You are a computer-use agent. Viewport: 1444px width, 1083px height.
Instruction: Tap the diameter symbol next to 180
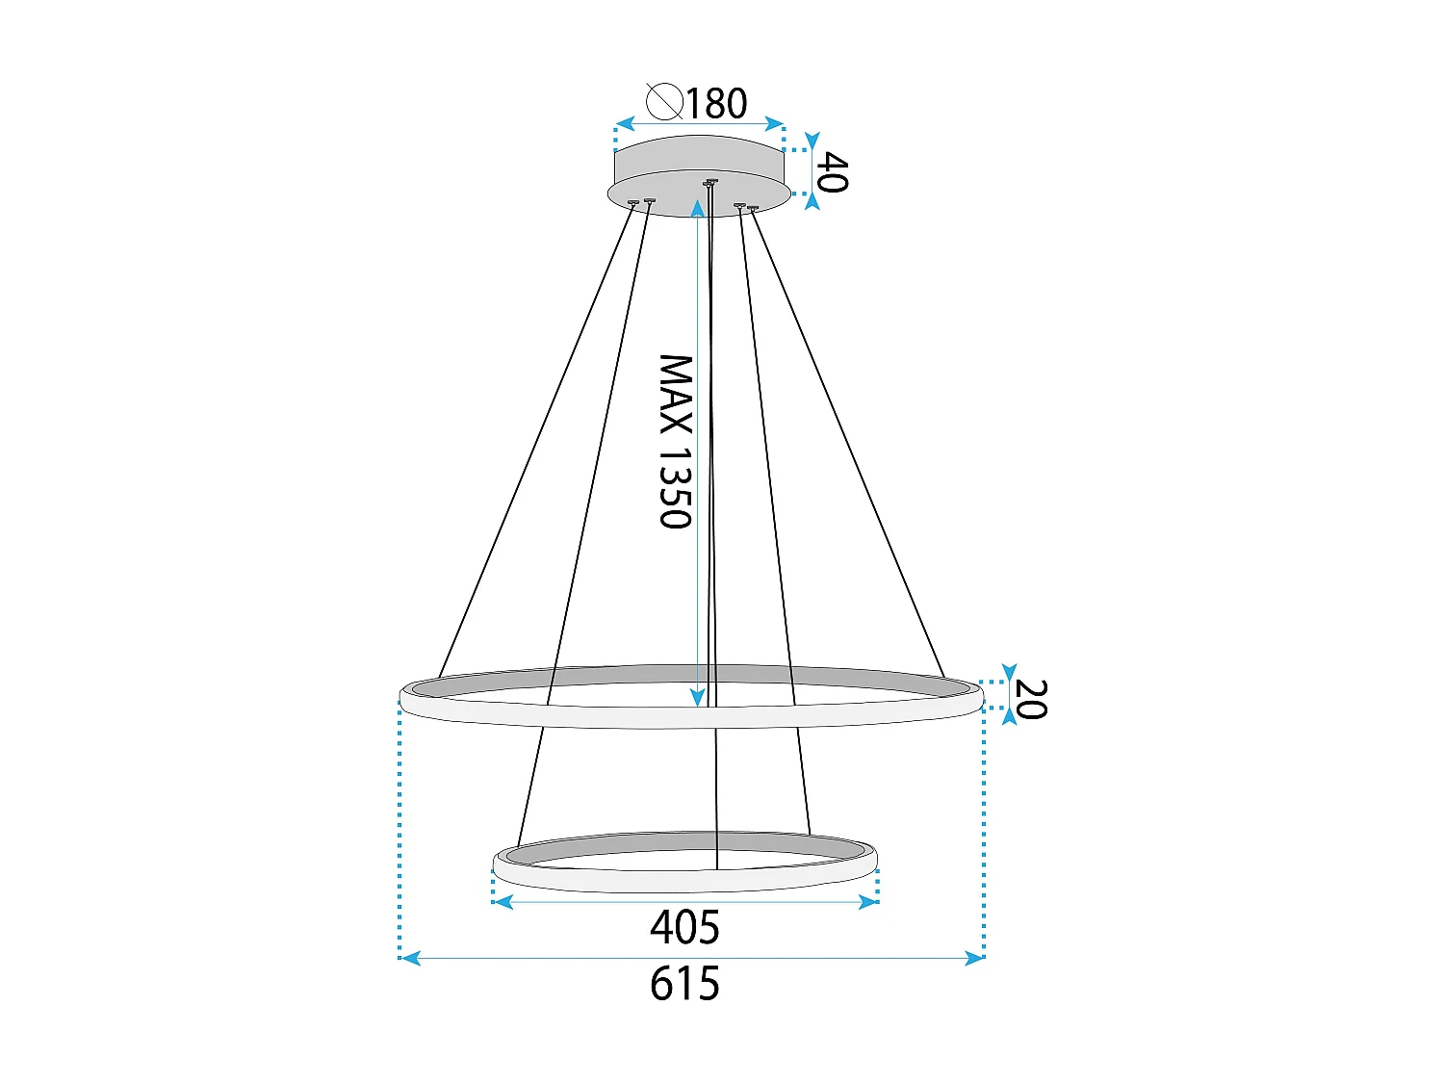click(664, 101)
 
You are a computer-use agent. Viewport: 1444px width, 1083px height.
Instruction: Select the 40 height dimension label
click(832, 172)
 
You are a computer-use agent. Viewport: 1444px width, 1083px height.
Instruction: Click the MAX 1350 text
click(676, 442)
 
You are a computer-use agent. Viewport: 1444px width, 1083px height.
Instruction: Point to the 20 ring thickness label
click(1030, 699)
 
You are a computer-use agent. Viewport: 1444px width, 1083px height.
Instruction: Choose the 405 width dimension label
click(684, 928)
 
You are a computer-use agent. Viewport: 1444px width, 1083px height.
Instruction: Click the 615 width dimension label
click(684, 985)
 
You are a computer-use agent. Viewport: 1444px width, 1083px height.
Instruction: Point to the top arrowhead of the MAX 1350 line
click(698, 208)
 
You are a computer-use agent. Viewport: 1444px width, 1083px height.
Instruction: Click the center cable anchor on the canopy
click(710, 182)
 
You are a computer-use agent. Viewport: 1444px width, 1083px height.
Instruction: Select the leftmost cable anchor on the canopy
click(632, 202)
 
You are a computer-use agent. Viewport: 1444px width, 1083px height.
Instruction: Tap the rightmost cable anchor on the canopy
click(752, 207)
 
